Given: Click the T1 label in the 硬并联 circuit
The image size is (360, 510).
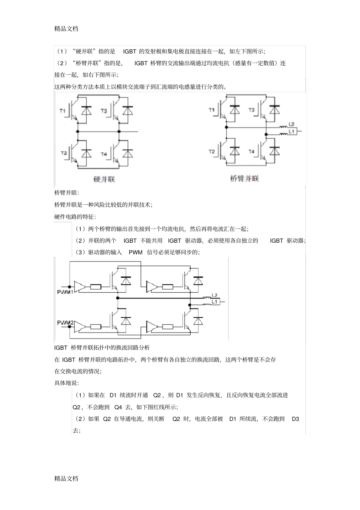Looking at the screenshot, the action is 63,111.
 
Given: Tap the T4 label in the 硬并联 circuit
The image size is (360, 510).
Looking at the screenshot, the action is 104,154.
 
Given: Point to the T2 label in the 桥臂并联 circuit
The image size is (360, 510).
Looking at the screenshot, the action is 211,152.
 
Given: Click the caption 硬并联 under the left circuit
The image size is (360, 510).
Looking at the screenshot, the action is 104,179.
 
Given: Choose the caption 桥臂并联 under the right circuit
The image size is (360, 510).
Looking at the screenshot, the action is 244,178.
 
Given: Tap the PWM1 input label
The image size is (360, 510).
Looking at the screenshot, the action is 65,292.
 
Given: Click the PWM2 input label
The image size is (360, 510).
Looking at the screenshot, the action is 65,323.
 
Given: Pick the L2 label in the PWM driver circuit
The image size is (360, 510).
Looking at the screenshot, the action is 214,295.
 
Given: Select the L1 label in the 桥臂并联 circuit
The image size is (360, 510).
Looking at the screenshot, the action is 292,131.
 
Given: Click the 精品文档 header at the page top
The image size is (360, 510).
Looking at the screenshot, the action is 66,28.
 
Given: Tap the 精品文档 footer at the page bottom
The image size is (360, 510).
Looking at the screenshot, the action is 66,478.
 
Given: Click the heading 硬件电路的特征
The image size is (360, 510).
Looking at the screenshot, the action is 75,217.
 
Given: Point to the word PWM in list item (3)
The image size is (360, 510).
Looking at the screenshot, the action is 135,253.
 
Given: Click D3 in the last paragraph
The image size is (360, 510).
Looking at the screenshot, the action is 295,419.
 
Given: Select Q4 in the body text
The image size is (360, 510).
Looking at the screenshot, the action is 118,407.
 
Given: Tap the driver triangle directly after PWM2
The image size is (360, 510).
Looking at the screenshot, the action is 80,326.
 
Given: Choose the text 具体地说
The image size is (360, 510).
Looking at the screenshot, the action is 67,383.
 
